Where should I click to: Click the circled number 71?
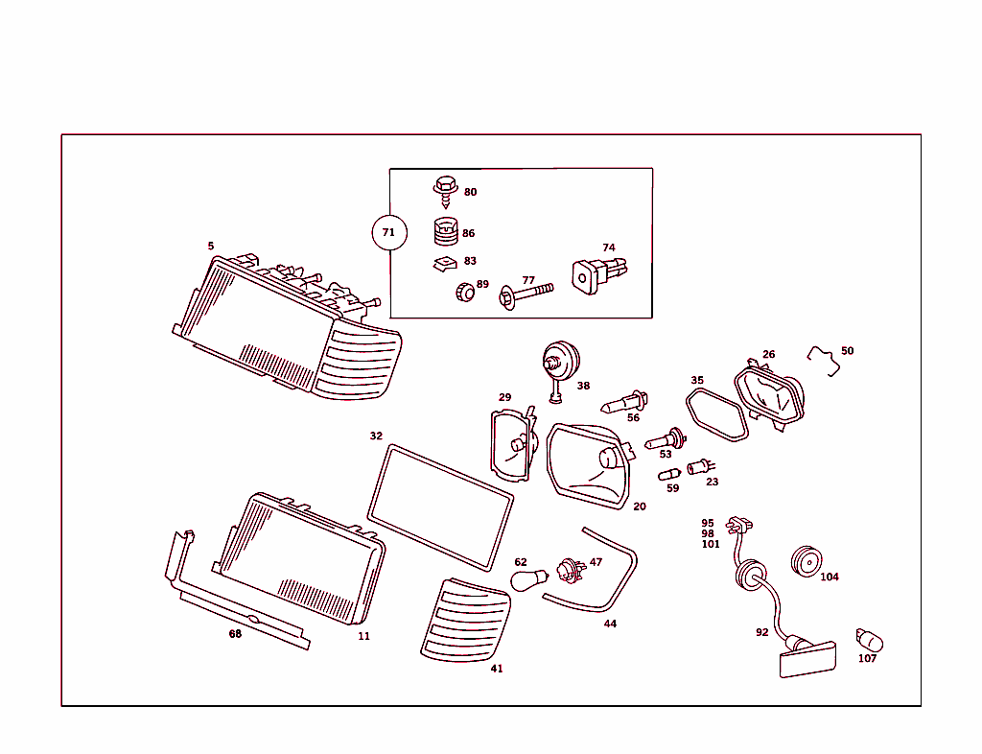388,233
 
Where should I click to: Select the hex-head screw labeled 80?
444,189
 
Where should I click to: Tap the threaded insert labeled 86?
443,232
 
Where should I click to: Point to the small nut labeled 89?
464,291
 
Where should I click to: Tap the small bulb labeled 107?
869,640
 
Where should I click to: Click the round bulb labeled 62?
528,579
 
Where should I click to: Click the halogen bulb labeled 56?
624,401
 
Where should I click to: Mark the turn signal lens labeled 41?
463,621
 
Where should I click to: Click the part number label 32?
376,436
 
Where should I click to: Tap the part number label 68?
235,634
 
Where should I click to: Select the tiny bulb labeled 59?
668,474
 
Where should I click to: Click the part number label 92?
761,633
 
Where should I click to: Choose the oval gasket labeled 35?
717,416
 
